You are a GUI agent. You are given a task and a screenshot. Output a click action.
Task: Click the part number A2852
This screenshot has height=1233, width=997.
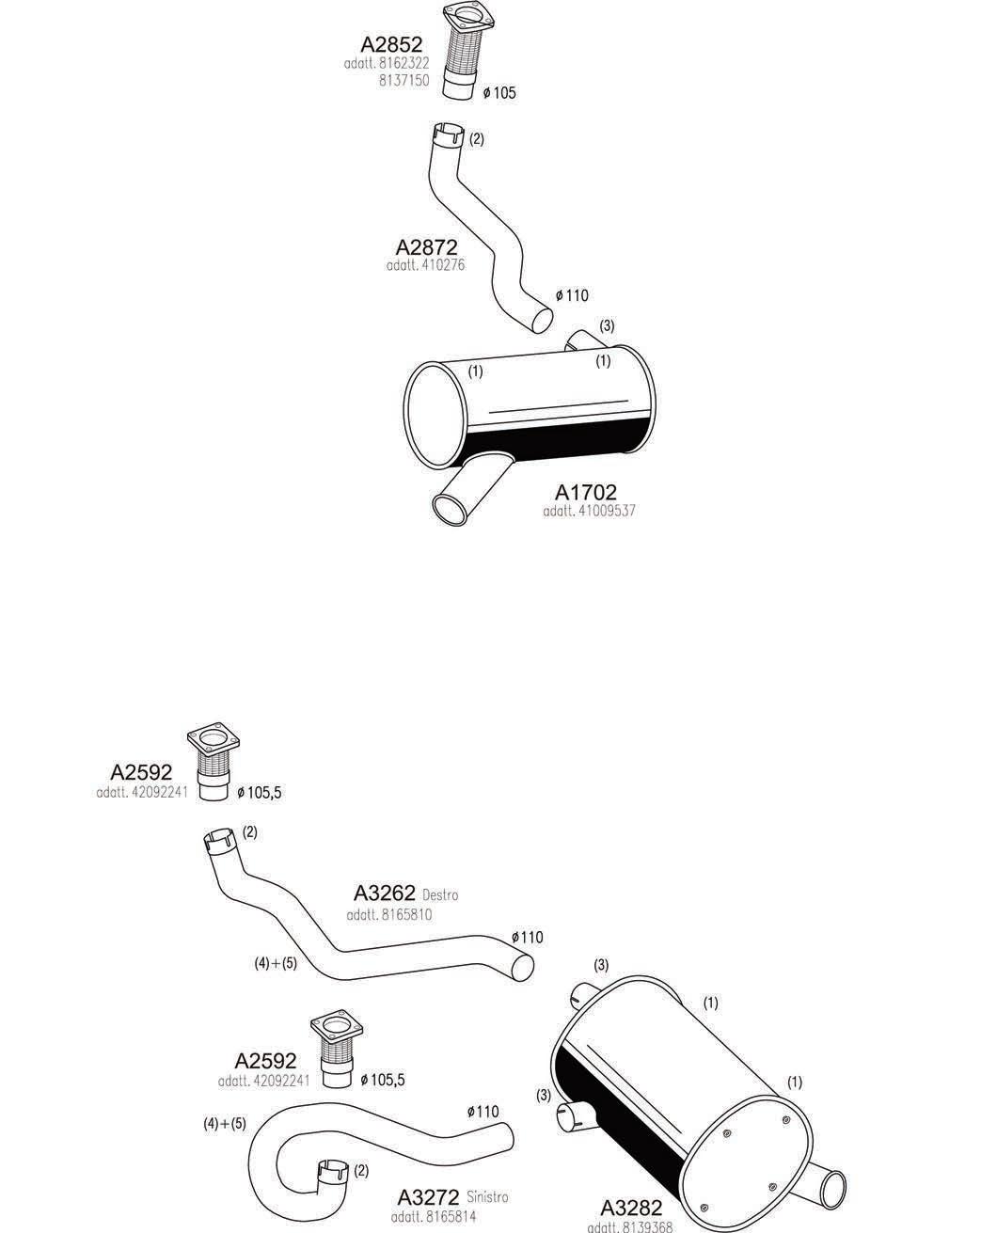[x=391, y=43]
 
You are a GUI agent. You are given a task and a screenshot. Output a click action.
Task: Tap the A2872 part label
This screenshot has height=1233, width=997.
[x=426, y=247]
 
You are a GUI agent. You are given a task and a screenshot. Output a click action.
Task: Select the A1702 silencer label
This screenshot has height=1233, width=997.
[x=585, y=493]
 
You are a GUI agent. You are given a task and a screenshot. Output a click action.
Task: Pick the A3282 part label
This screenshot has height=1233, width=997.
[x=631, y=1209]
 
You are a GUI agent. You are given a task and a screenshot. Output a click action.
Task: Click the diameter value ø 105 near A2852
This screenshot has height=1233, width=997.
[x=498, y=92]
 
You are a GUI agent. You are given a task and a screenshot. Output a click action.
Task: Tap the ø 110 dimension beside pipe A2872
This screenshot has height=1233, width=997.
[x=571, y=295]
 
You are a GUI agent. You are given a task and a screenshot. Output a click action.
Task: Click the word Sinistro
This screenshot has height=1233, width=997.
[x=487, y=1197]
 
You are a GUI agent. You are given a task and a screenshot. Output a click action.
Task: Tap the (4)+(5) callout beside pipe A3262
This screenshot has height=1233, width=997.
[x=276, y=963]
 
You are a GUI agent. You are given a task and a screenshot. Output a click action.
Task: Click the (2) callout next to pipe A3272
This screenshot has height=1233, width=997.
[x=361, y=1171]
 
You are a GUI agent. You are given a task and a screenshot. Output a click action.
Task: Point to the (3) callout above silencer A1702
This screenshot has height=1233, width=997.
[x=607, y=326]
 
